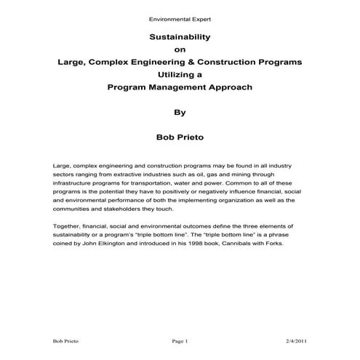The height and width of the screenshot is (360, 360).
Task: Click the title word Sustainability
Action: coord(179,36)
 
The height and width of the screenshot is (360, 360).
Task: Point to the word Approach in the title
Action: coord(211,87)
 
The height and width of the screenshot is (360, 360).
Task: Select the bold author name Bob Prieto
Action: coord(180,137)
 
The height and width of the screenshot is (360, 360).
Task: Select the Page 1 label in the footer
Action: coord(180,341)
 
